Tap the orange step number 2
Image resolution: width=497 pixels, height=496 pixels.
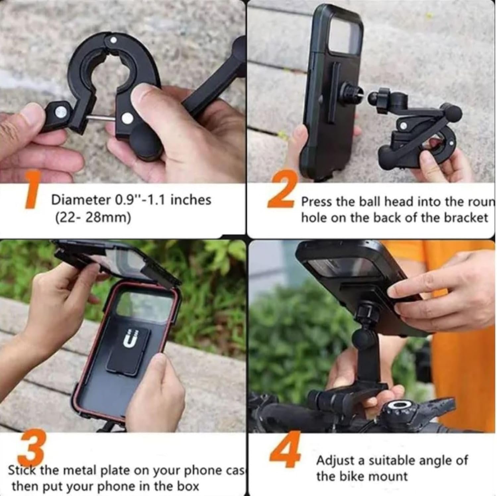pyautogui.click(x=281, y=190)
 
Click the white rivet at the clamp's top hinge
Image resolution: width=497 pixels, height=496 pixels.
pyautogui.click(x=114, y=40)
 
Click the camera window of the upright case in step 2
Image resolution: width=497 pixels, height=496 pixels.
pyautogui.click(x=345, y=36)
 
